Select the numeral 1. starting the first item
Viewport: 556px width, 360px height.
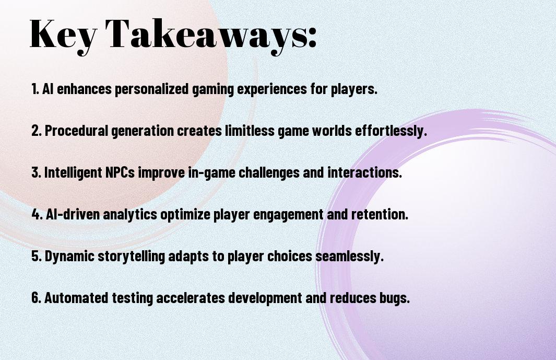click(x=35, y=89)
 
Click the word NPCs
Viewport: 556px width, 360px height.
click(x=120, y=172)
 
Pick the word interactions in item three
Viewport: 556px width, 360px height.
click(x=364, y=172)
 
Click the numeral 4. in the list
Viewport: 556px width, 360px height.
click(x=37, y=214)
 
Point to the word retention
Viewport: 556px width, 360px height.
click(x=380, y=214)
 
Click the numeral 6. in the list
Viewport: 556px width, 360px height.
click(x=37, y=298)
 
